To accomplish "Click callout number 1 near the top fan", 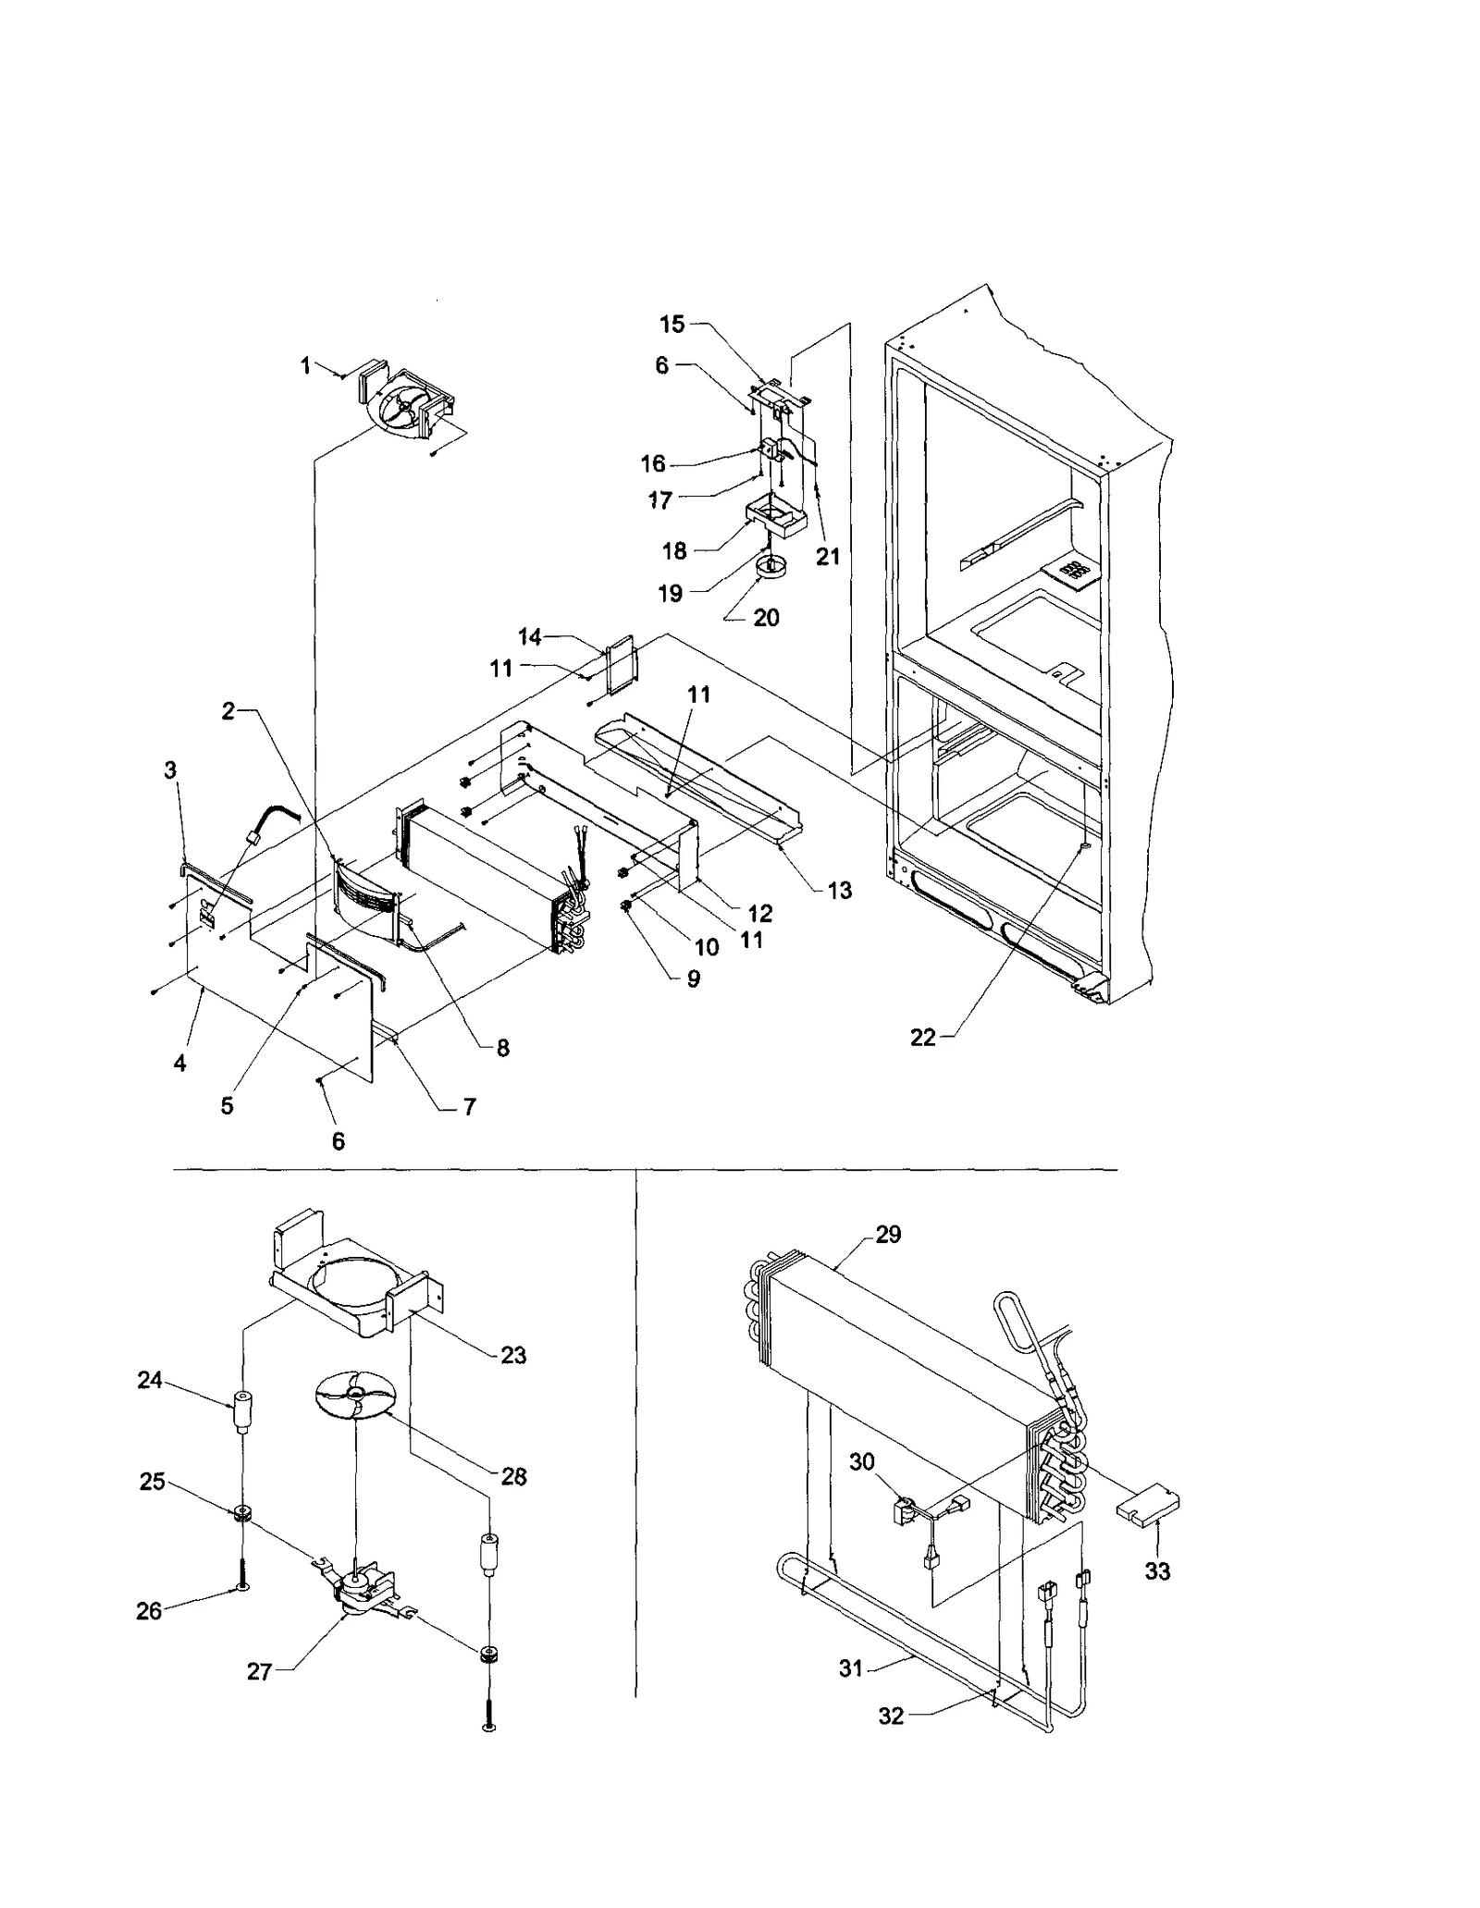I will [305, 366].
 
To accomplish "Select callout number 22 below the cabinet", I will [922, 1038].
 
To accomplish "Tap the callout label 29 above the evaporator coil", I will [887, 1235].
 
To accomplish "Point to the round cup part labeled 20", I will [768, 566].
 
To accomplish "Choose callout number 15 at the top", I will [672, 325].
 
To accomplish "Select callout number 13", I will [839, 891].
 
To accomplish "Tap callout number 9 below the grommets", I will [693, 979].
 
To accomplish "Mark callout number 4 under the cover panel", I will [179, 1064].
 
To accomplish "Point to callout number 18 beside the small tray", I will [674, 551].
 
